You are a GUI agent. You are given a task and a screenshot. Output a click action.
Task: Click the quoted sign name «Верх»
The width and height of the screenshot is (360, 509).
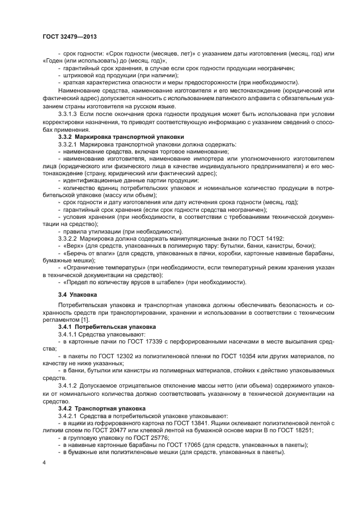[75, 246]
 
